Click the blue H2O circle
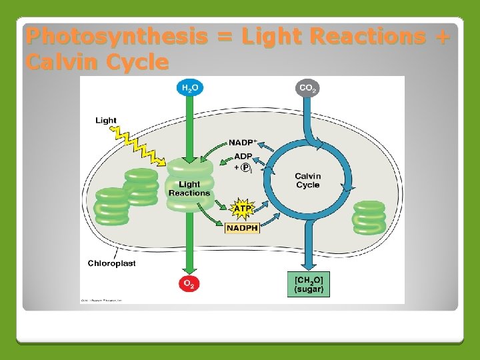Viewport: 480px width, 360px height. click(x=190, y=88)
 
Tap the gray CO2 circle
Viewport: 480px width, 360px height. click(x=307, y=88)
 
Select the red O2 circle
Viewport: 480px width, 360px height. click(x=189, y=284)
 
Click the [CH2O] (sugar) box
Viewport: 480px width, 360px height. click(x=309, y=284)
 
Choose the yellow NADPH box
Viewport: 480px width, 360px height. click(x=242, y=228)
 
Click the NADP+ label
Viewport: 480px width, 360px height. click(x=244, y=143)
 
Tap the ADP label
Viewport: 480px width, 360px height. click(x=243, y=156)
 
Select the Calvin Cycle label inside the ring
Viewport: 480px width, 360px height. click(x=308, y=180)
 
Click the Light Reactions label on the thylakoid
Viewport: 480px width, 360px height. click(x=189, y=189)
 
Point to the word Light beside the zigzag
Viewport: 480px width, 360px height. click(x=106, y=121)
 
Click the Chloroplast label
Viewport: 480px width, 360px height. click(x=111, y=263)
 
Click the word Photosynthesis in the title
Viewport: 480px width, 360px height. click(x=116, y=37)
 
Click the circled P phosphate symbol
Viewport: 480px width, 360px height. click(x=245, y=167)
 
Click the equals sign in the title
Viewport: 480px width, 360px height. click(x=225, y=37)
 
